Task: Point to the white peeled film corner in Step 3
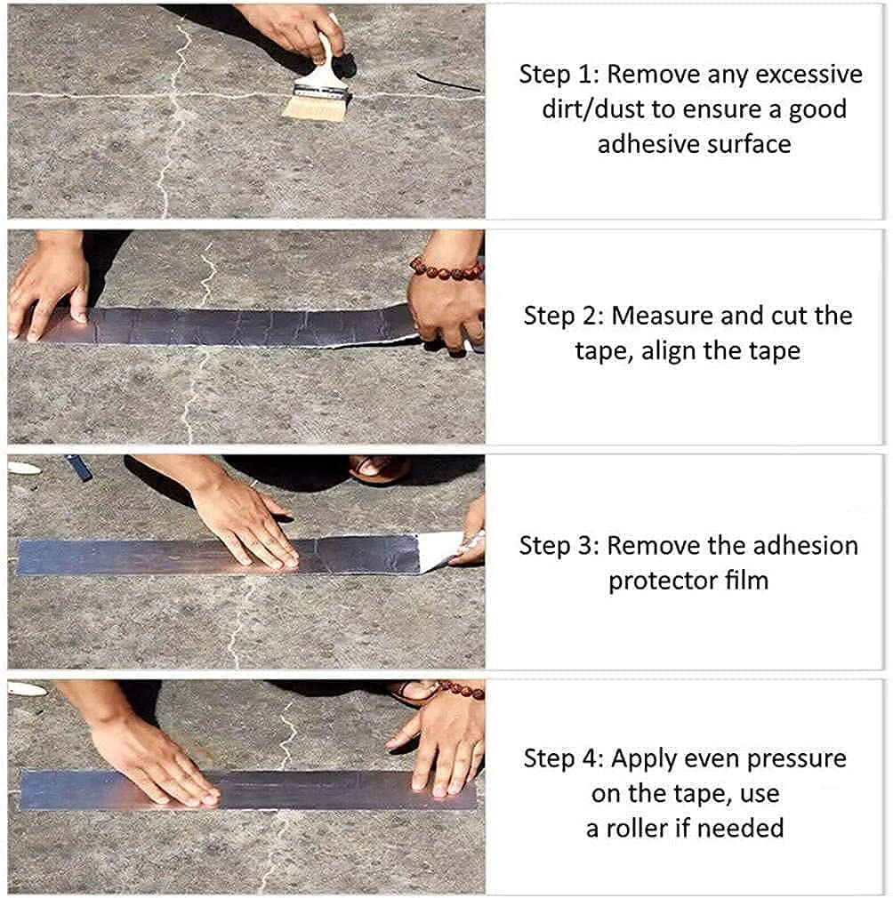(x=441, y=550)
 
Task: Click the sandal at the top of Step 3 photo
(x=380, y=468)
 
